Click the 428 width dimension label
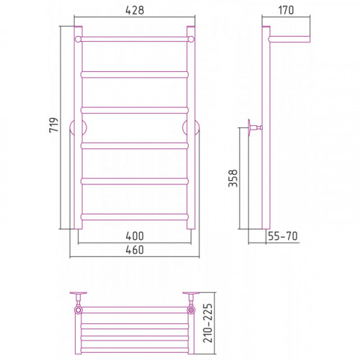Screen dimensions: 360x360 point(135,10)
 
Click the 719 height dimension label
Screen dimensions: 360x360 point(53,125)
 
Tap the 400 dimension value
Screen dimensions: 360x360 point(135,236)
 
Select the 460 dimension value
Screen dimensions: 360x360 point(135,250)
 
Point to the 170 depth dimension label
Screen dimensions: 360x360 point(286,10)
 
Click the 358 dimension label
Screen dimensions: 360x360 point(233,178)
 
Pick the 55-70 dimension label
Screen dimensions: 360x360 point(283,236)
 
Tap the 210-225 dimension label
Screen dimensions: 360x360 point(208,323)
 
